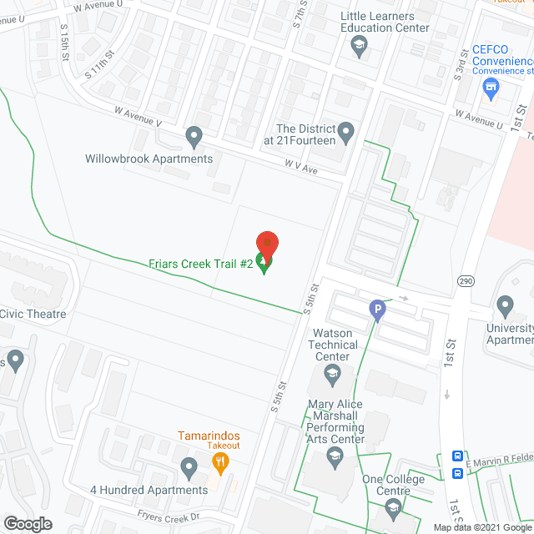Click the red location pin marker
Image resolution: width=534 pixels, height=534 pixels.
coord(266,244)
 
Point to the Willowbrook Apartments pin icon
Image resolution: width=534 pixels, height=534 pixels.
coord(194,134)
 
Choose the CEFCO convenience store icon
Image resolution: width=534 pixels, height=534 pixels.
coord(491,87)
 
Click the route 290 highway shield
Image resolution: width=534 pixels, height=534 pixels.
coord(466,281)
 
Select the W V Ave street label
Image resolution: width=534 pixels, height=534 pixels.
coord(300,169)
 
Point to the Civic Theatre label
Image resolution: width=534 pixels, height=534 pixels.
coord(33,314)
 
